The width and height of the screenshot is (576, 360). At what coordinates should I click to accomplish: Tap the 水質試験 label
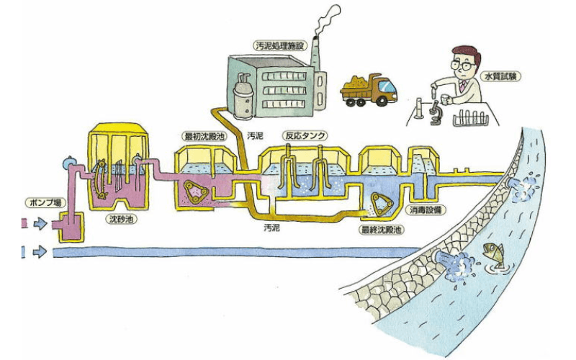512,76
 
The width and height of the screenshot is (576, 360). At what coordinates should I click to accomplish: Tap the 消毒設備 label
426,211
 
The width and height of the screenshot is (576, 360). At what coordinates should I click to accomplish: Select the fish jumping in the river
493,252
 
